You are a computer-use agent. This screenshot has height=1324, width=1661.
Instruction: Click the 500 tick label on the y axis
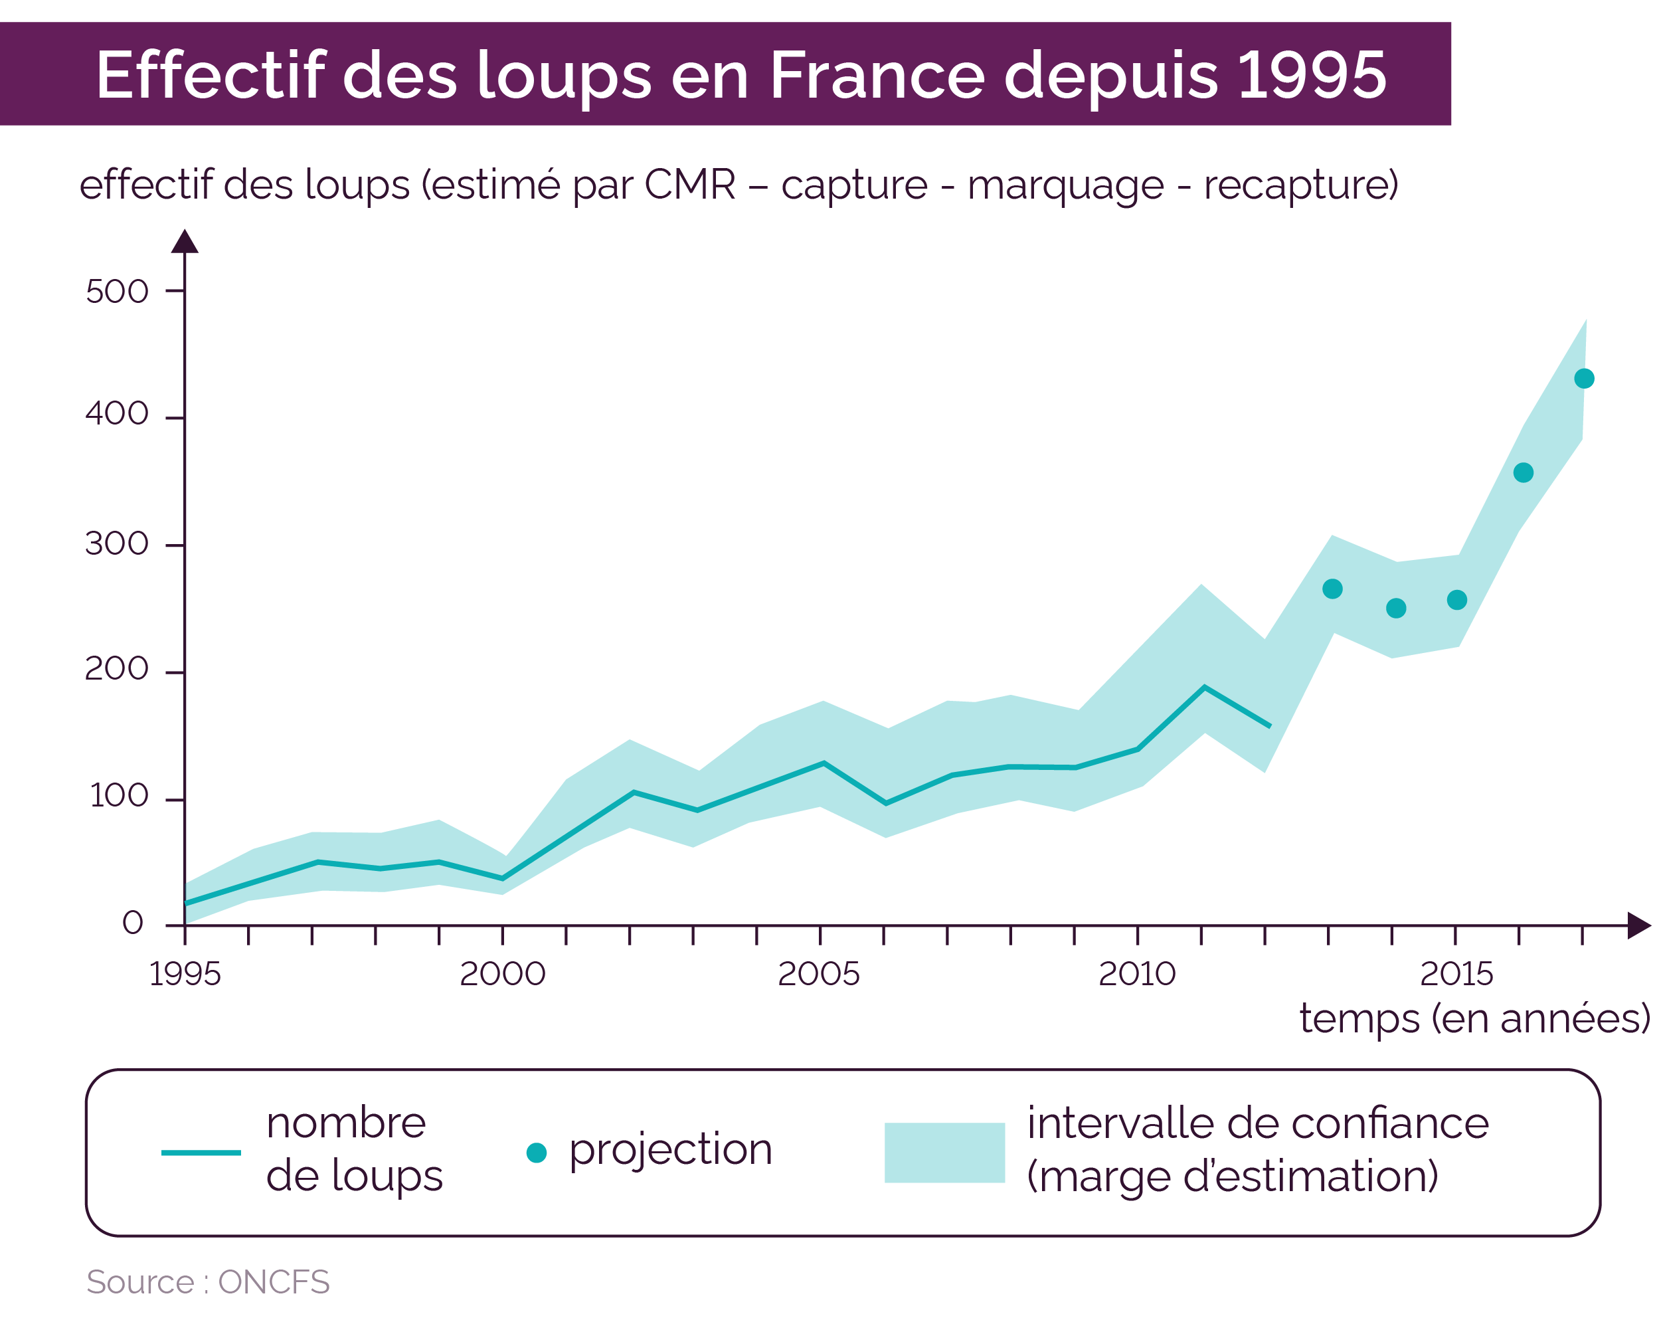(116, 292)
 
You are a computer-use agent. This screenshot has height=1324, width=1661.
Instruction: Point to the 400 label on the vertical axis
(116, 414)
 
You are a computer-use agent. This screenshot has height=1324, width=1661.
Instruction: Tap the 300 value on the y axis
(116, 544)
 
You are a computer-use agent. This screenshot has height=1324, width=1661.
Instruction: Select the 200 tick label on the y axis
(116, 668)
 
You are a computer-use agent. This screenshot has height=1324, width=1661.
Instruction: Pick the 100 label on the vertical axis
(119, 795)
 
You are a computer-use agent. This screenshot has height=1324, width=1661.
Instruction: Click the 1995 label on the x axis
(184, 973)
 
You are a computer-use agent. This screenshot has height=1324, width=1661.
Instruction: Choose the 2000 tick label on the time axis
(502, 973)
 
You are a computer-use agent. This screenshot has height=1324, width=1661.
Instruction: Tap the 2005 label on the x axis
(818, 973)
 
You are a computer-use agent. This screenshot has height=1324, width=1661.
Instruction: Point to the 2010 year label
(1136, 973)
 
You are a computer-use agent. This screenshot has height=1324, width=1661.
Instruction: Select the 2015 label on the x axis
(1456, 973)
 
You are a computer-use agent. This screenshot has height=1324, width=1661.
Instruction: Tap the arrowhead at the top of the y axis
(185, 241)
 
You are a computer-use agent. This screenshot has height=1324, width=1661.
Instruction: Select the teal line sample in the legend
(201, 1152)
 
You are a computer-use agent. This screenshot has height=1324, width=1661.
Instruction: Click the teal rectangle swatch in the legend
(944, 1152)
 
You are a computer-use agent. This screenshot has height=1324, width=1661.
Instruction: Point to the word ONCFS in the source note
(274, 1282)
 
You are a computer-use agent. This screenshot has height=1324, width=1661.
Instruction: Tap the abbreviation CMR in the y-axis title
(689, 185)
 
